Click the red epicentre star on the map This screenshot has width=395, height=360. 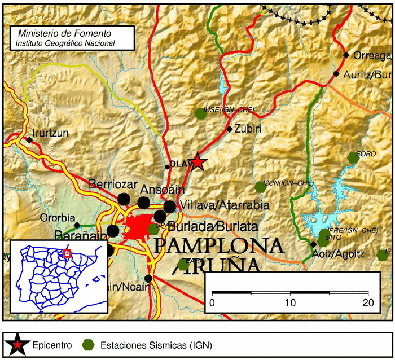tap(197, 163)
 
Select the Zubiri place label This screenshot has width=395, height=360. tap(248, 128)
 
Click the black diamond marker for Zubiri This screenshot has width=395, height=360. tap(230, 129)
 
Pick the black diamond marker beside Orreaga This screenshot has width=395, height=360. tap(346, 55)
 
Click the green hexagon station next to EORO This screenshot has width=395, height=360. tap(354, 158)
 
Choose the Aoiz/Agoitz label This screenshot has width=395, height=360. tap(341, 254)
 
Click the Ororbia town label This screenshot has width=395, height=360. tap(58, 218)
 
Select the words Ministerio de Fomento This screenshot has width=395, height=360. tap(65, 34)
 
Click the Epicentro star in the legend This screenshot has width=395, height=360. tap(19, 344)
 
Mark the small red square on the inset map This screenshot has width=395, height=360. tap(67, 254)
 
